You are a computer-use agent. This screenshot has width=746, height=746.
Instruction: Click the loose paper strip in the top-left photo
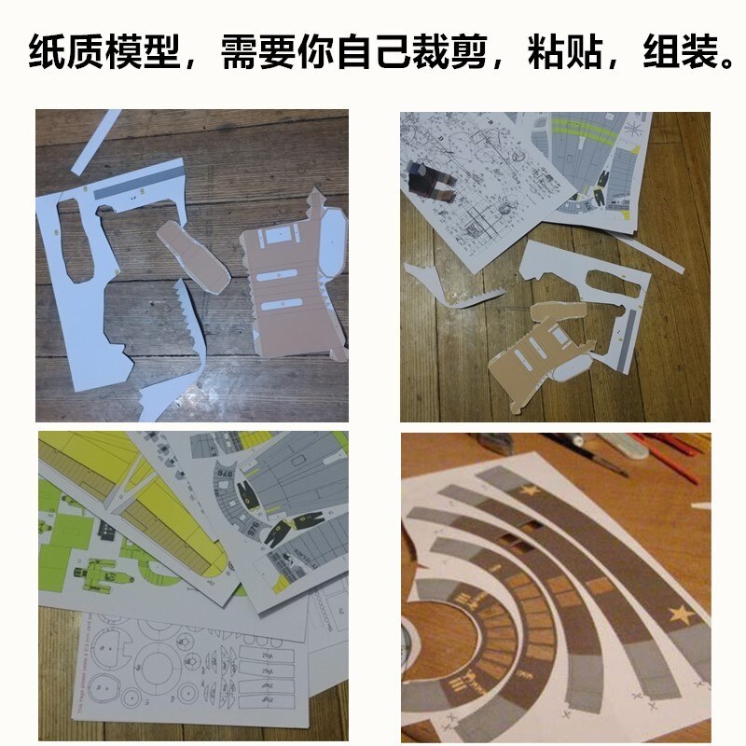(97, 139)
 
